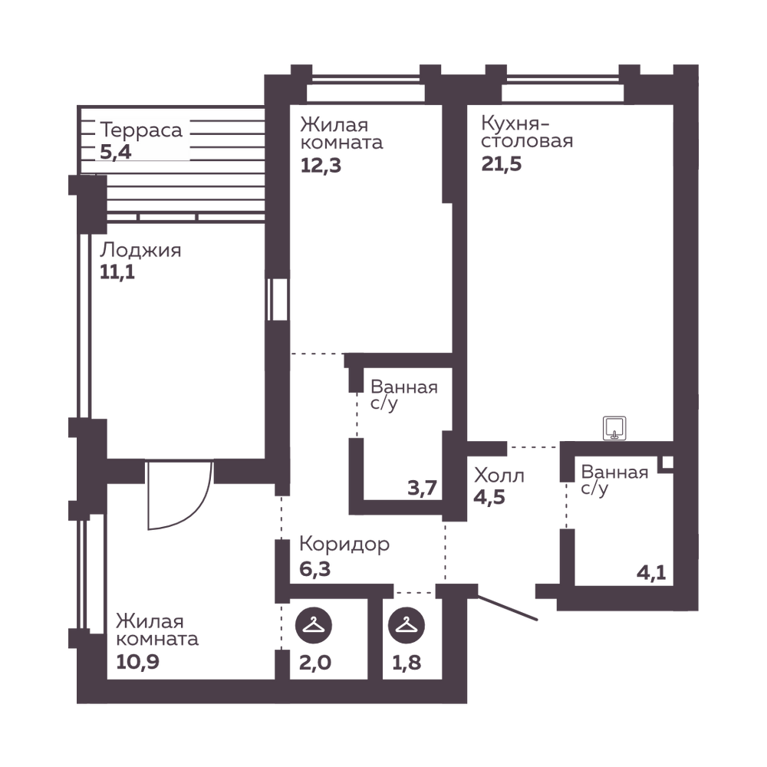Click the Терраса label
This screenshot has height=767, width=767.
(141, 130)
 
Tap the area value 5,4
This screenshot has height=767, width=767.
(116, 152)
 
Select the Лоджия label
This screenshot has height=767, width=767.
(140, 251)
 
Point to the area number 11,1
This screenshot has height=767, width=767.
(117, 272)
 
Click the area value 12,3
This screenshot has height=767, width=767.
(321, 166)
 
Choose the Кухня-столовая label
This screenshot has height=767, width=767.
(527, 132)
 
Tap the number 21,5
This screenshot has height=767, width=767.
(502, 164)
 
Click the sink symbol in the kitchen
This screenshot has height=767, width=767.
(614, 428)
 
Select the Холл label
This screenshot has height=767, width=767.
(499, 476)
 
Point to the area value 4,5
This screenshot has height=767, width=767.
(489, 497)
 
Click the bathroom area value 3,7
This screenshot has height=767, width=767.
(422, 488)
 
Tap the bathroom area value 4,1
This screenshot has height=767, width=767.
(651, 572)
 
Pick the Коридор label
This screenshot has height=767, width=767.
(344, 545)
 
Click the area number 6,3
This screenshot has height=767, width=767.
(314, 569)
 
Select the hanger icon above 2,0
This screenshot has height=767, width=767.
(314, 625)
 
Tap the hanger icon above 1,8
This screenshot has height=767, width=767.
(406, 625)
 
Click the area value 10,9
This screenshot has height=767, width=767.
(137, 662)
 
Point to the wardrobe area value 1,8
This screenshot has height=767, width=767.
(407, 663)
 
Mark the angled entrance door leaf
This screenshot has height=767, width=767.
(508, 608)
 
